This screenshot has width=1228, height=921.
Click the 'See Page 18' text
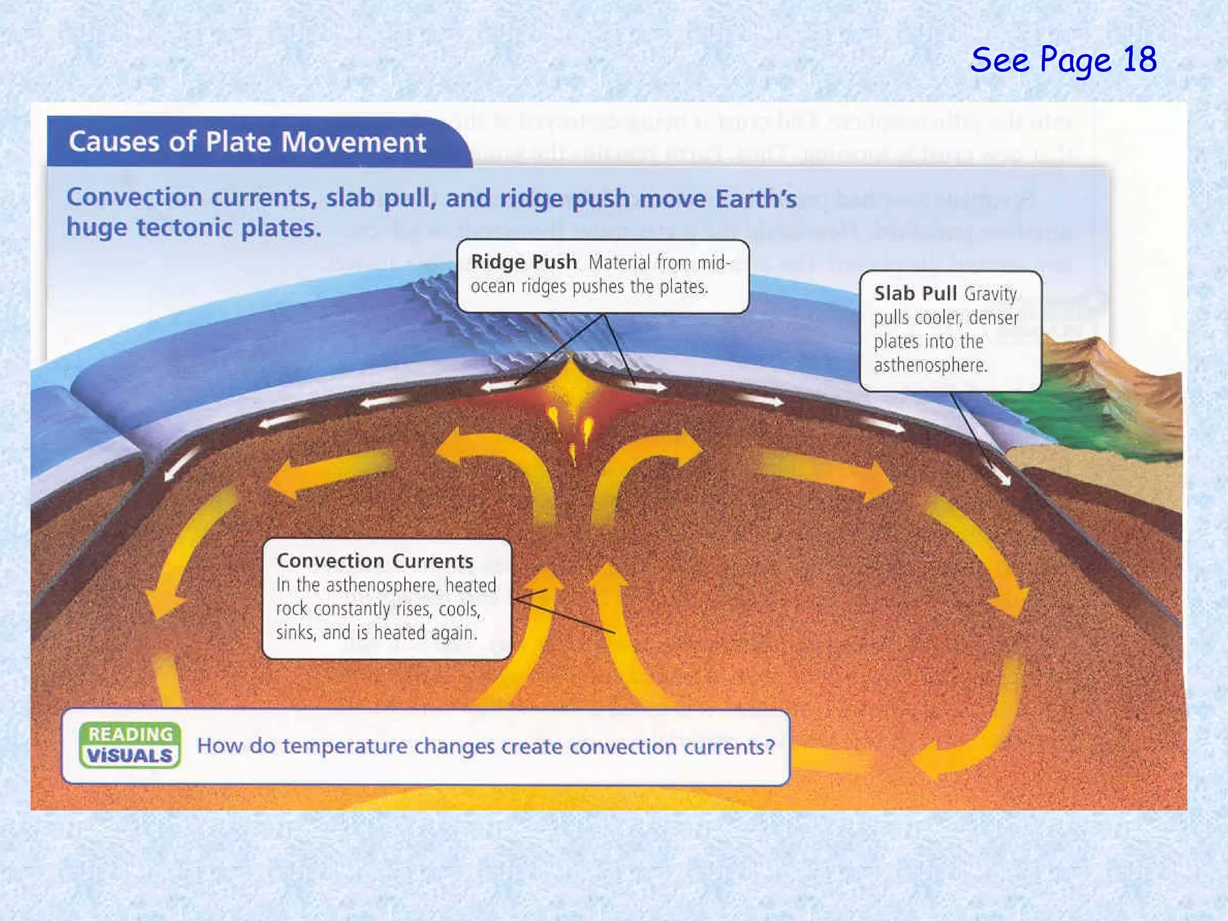click(1063, 60)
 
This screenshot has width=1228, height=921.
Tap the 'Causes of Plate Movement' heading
click(247, 143)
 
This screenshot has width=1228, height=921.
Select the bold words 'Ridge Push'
click(523, 262)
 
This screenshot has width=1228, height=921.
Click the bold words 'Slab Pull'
click(915, 293)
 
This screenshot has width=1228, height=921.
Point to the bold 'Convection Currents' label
click(375, 561)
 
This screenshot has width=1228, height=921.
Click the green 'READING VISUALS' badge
click(130, 745)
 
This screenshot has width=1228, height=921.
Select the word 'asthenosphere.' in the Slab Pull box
click(930, 365)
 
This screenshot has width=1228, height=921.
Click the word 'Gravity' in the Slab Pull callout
click(991, 294)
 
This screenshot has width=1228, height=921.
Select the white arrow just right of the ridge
click(648, 387)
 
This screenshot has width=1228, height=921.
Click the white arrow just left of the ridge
click(499, 387)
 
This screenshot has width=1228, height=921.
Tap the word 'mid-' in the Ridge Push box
click(714, 263)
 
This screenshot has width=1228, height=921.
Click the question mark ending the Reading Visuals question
click(770, 747)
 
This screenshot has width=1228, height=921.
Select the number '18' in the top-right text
click(1139, 60)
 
